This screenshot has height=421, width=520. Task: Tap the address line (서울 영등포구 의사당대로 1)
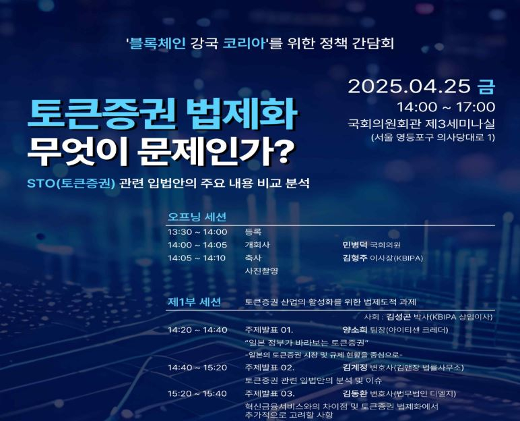(433, 138)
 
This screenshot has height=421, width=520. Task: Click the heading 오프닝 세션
(197, 217)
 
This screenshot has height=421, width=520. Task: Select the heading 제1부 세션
(194, 302)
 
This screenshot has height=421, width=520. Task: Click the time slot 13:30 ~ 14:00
(197, 231)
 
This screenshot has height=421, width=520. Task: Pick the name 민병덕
(354, 244)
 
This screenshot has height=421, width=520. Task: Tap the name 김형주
(354, 258)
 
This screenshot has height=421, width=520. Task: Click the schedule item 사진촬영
(261, 271)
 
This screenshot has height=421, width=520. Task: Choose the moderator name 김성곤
(398, 316)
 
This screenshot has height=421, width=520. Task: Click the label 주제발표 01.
(269, 330)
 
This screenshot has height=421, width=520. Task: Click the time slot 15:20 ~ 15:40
(197, 393)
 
